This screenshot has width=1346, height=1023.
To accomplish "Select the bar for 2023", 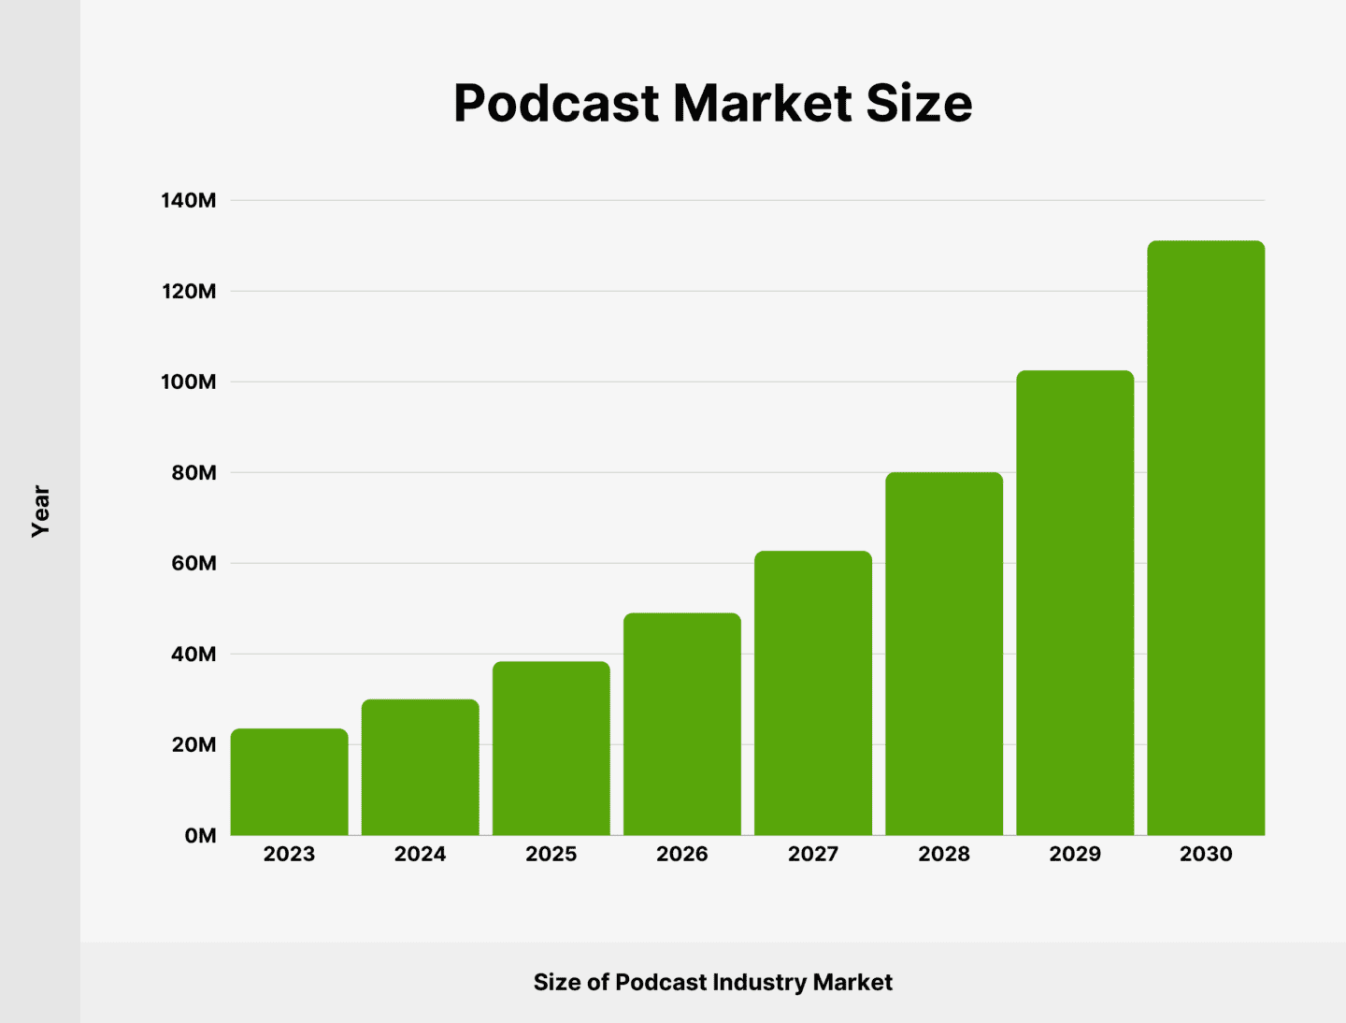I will [289, 782].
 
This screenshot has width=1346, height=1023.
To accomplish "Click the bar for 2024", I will [420, 767].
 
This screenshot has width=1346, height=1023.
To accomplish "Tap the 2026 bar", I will [681, 724].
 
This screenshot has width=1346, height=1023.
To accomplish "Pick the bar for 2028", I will [944, 654].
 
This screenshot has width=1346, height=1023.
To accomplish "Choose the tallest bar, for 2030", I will [1206, 538].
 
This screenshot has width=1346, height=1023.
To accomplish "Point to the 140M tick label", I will [188, 200].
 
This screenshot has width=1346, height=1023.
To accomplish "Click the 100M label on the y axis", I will [188, 382].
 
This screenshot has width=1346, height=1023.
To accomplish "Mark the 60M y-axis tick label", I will [193, 563].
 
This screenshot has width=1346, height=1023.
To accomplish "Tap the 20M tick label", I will [193, 744].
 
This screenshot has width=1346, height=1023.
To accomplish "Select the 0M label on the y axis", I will [200, 835].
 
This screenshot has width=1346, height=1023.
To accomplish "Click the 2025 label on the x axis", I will [551, 854].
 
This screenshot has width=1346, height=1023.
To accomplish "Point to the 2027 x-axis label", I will [813, 854].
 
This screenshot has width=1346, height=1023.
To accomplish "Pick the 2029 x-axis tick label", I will [1075, 854].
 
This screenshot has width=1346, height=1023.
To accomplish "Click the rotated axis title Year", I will [40, 511].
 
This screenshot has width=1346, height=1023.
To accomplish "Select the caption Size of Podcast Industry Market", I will [712, 982].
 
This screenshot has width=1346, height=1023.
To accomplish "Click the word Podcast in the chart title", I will [556, 103].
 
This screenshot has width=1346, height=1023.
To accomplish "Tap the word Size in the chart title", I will [919, 103].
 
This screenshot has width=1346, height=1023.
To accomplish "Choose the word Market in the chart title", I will [762, 103].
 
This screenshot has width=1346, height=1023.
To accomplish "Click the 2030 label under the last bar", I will [1206, 854].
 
